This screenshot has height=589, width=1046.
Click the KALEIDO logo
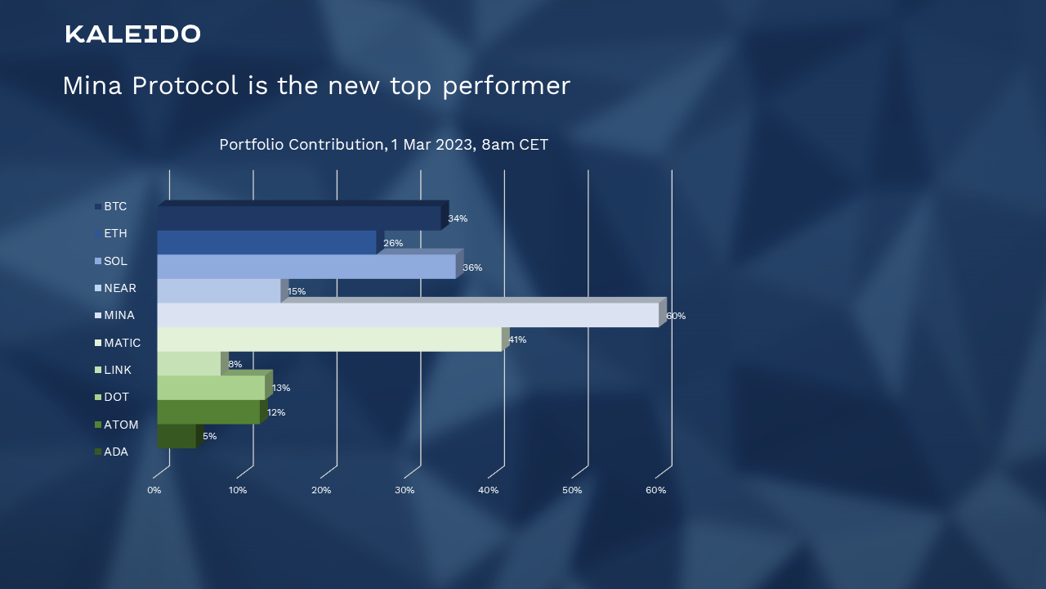pyautogui.click(x=132, y=34)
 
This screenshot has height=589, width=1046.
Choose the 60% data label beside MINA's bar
pyautogui.click(x=676, y=316)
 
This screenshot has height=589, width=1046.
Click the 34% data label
pyautogui.click(x=458, y=218)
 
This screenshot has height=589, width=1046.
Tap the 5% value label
pyautogui.click(x=210, y=436)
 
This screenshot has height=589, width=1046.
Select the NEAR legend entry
pyautogui.click(x=115, y=288)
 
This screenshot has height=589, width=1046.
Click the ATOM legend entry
pyautogui.click(x=116, y=425)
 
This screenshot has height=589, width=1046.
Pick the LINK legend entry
pyautogui.click(x=113, y=370)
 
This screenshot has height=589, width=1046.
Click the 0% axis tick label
pyautogui.click(x=154, y=490)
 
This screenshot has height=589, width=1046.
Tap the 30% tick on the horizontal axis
pyautogui.click(x=405, y=490)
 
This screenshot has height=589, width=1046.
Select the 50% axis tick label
pyautogui.click(x=572, y=490)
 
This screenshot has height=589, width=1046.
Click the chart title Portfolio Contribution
pyautogui.click(x=384, y=145)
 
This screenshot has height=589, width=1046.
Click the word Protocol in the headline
pyautogui.click(x=185, y=86)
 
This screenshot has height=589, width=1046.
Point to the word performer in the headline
pyautogui.click(x=507, y=87)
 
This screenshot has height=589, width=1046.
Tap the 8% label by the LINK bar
pyautogui.click(x=235, y=364)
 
